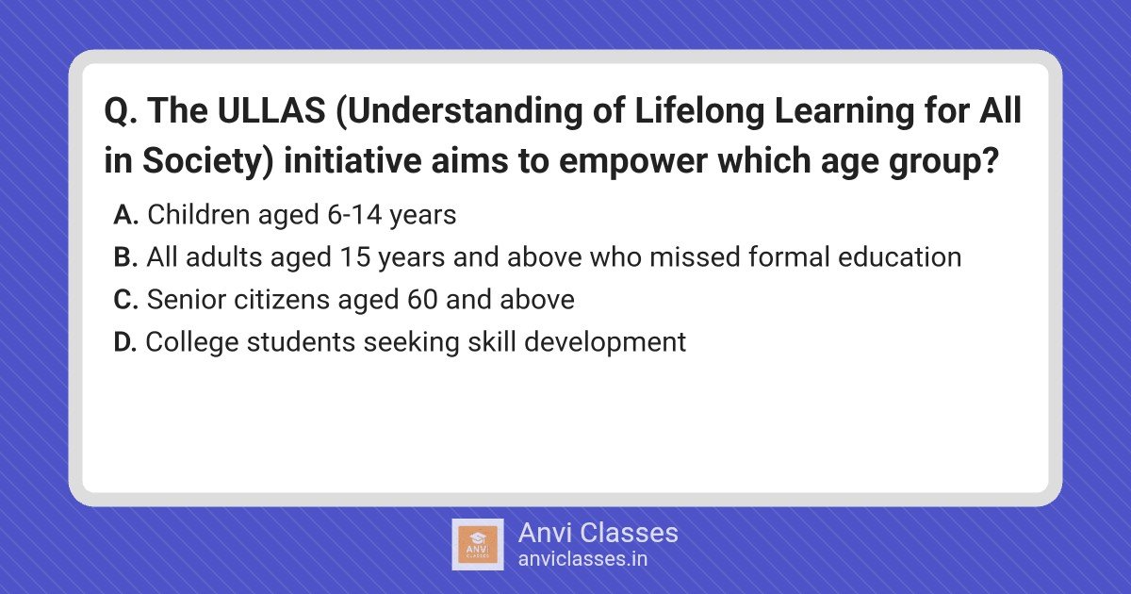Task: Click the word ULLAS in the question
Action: click(x=271, y=110)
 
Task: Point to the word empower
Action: click(x=633, y=161)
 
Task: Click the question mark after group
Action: click(x=991, y=160)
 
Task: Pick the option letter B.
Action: click(x=125, y=257)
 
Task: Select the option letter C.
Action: click(x=125, y=300)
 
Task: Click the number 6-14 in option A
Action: click(x=354, y=215)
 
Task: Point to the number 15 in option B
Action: click(x=355, y=257)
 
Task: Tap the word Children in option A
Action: click(x=199, y=215)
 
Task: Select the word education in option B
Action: click(x=899, y=257)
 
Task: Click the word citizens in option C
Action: click(x=281, y=300)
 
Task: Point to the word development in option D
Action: click(x=605, y=343)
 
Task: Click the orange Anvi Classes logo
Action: click(x=478, y=545)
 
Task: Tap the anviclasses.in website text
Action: click(x=582, y=559)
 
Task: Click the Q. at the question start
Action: click(x=121, y=111)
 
